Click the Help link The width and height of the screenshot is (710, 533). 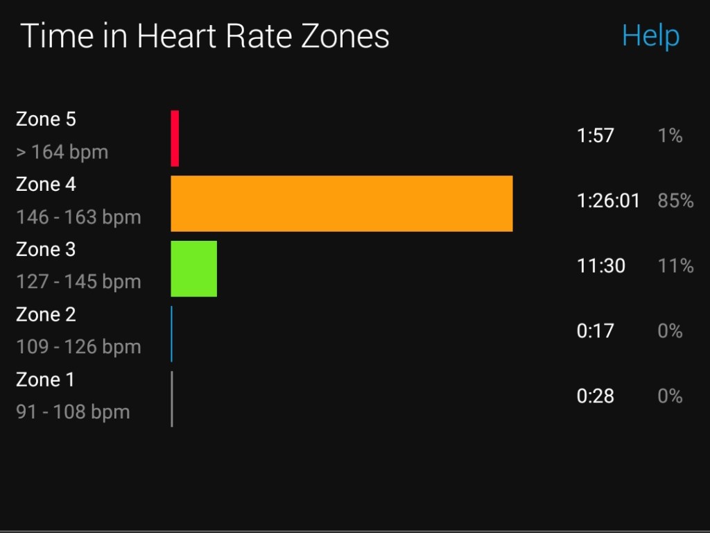[x=650, y=35]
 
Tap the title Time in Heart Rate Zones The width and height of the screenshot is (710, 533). [x=205, y=36]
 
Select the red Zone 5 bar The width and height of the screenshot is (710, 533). [x=175, y=138]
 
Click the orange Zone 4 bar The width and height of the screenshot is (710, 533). [x=341, y=203]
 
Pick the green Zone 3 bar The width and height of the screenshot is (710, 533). [x=194, y=269]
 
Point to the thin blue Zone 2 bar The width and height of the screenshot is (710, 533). [x=172, y=334]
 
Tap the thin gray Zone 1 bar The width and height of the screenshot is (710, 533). [x=172, y=399]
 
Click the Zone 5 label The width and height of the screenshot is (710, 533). [x=46, y=119]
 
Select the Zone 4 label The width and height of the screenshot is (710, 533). [x=46, y=185]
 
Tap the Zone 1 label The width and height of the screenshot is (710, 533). [x=45, y=380]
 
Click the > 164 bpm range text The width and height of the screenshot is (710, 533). [x=62, y=152]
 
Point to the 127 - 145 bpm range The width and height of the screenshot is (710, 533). [x=78, y=282]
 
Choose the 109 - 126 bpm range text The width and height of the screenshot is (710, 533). [x=78, y=347]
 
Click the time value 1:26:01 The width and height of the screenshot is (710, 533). [x=608, y=201]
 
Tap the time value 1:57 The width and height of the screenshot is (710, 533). [x=595, y=135]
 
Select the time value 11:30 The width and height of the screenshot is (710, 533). [x=600, y=266]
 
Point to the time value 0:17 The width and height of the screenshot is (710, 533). [x=595, y=331]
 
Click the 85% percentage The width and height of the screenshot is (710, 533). [x=675, y=201]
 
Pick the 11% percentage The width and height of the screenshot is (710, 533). [x=675, y=266]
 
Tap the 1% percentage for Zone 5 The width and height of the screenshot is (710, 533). [x=670, y=135]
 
